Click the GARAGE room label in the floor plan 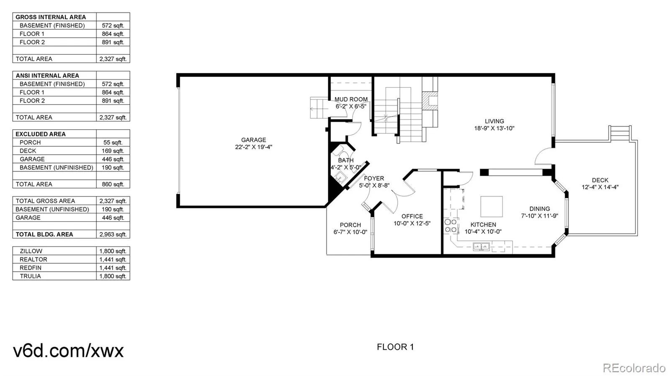tap(253, 140)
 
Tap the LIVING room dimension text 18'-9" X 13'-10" tap(494, 128)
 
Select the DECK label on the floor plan tap(600, 180)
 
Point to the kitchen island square tap(491, 207)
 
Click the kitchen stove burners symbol tap(451, 226)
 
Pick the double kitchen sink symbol tap(481, 247)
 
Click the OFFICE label tap(412, 216)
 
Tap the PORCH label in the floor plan tap(350, 225)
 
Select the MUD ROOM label tap(351, 100)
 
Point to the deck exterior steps tap(620, 133)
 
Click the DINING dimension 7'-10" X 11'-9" tap(539, 216)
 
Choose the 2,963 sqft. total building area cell tap(113, 234)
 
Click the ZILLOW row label tap(31, 251)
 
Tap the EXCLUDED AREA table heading tap(41, 134)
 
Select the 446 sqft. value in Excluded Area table tap(113, 159)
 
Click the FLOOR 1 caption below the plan tap(395, 347)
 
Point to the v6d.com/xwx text tap(68, 350)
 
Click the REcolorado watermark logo tap(634, 368)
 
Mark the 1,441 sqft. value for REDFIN tap(113, 268)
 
